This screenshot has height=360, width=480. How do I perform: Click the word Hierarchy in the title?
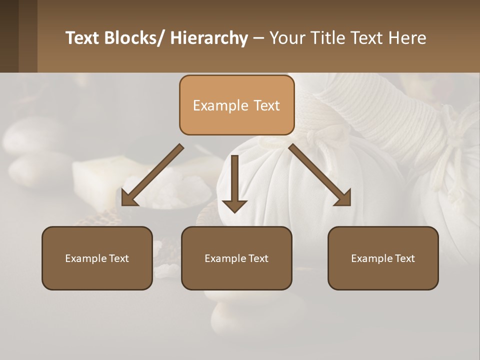[x=209, y=38]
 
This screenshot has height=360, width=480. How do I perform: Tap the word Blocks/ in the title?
[x=133, y=38]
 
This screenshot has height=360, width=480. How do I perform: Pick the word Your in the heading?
[x=286, y=38]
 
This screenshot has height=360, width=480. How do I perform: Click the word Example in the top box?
[x=213, y=105]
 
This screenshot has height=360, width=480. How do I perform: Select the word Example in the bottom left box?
[x=86, y=258]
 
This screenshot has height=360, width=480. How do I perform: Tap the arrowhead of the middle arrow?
[x=234, y=205]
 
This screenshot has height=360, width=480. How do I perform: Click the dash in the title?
[x=258, y=38]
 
